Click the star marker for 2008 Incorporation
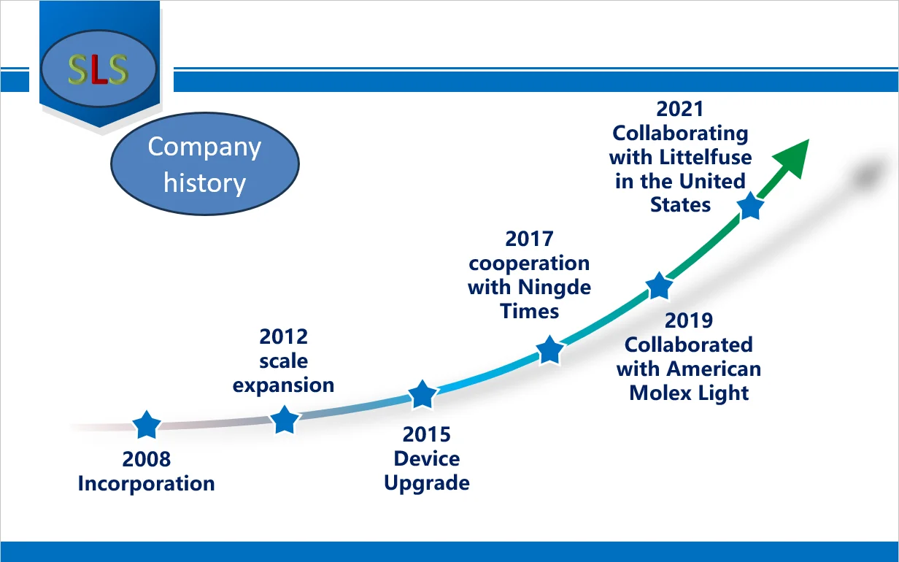pos(147,424)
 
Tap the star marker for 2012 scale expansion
pos(285,420)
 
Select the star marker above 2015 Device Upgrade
pos(423,394)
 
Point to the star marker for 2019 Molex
pos(659,285)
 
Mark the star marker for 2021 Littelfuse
pos(750,206)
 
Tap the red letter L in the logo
pos(99,70)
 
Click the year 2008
pos(147,459)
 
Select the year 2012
pos(284,336)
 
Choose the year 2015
pos(427,435)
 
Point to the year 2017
pos(529,239)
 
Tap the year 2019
pos(689,320)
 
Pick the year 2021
pos(680,109)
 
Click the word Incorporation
pos(147,484)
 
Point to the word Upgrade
pos(427,483)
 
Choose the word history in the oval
pos(204,183)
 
